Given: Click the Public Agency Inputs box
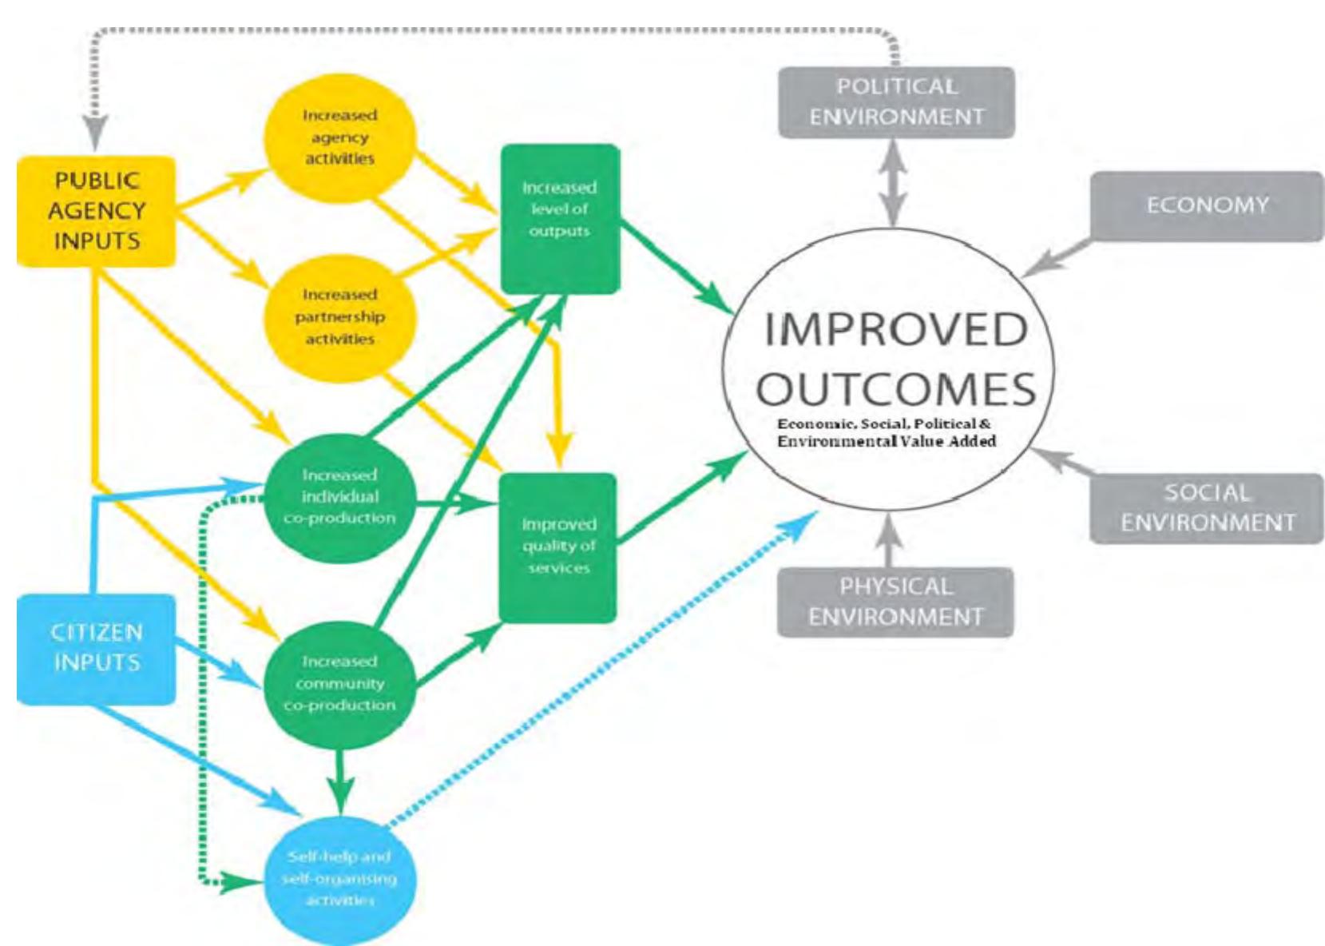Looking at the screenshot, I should coord(96,211).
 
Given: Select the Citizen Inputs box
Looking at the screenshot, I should coord(96,648).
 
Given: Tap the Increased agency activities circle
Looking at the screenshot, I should coord(339,137).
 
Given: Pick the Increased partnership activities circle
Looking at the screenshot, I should coord(339,317).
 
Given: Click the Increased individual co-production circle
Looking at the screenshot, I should coord(339,496).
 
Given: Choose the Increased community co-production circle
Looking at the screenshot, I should coord(339,683).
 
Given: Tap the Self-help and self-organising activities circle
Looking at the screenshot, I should coord(339,879).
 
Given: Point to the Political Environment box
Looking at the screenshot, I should coord(896,101).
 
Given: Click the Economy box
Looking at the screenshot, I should coord(1207,205).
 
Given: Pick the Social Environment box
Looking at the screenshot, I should coord(1206,508).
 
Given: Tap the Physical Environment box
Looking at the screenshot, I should coord(895,602).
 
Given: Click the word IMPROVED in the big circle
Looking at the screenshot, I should coord(896,330).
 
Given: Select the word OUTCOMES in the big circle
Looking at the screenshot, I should coord(896,389).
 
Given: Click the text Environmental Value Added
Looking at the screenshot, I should coord(887,441).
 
